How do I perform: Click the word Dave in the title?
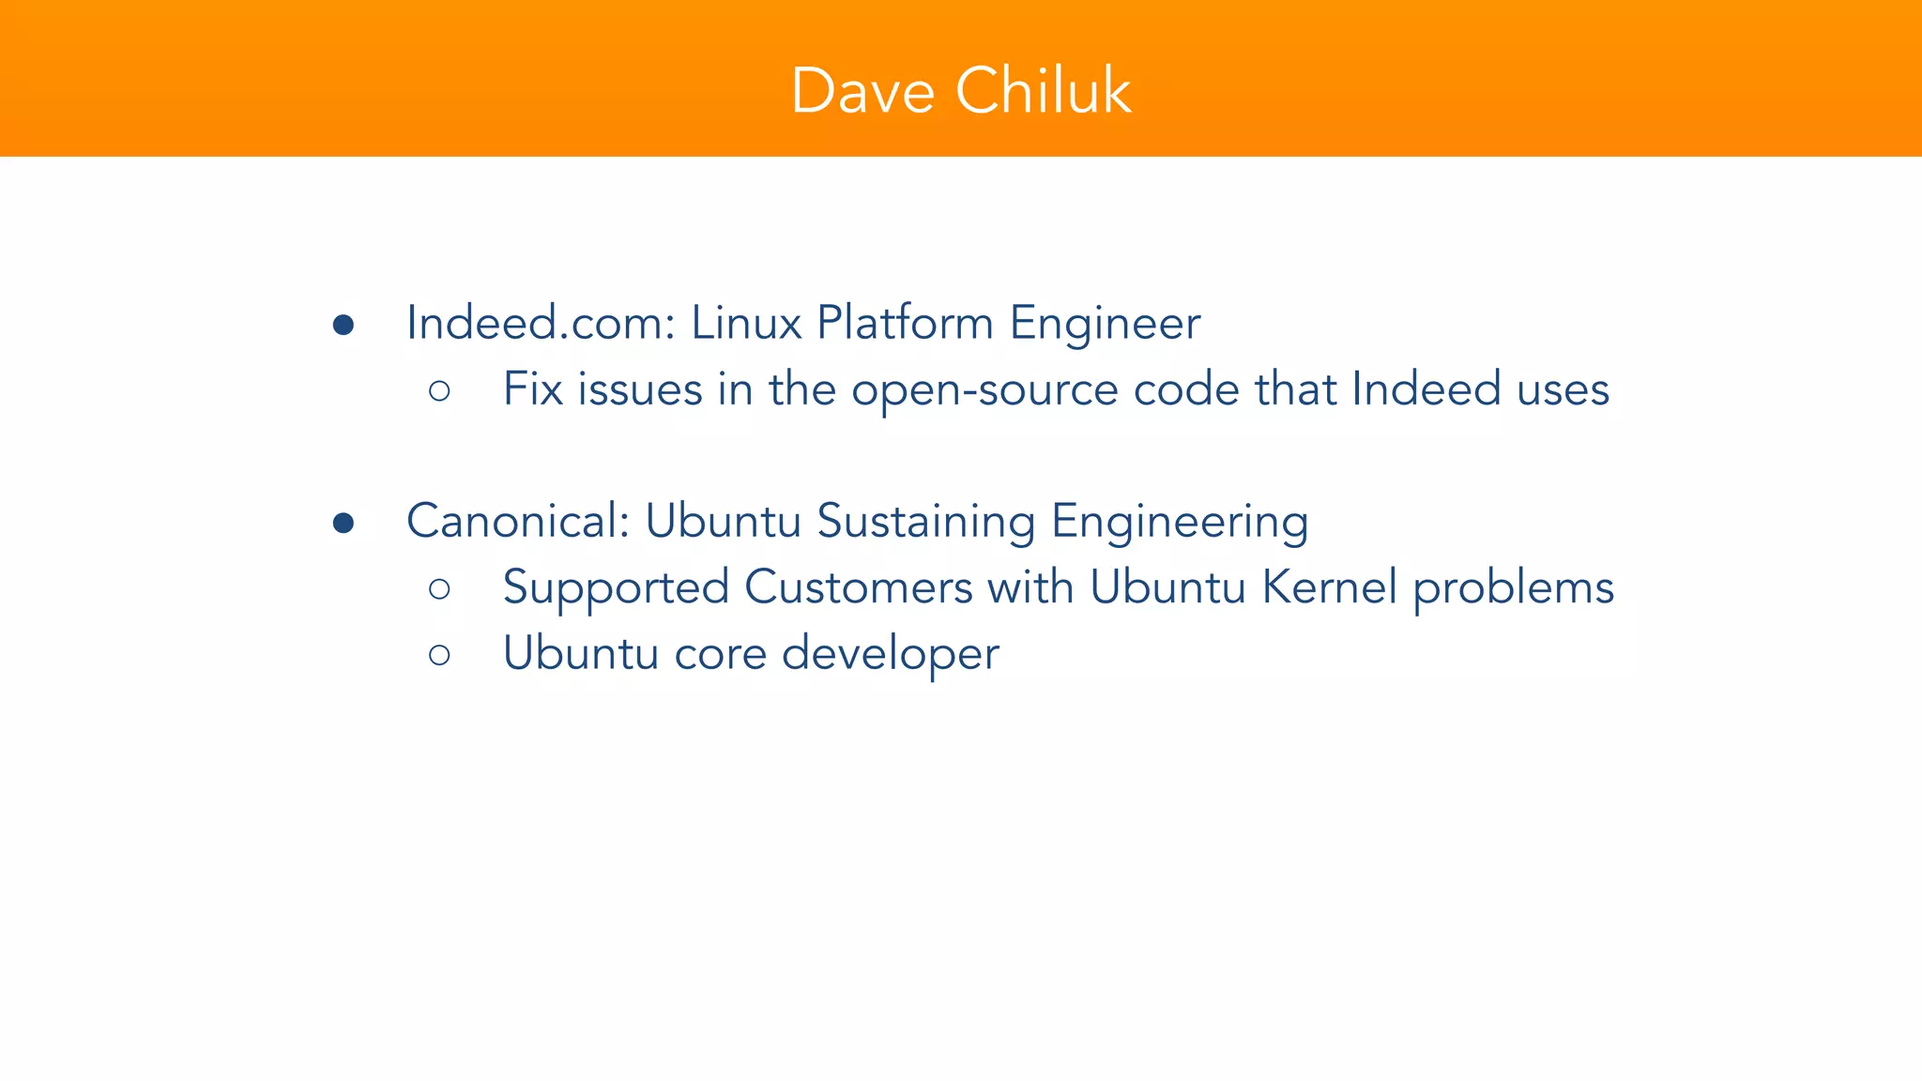[x=862, y=91]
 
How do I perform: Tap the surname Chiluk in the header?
[x=1044, y=91]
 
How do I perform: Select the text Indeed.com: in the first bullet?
[x=541, y=323]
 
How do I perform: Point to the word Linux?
[x=746, y=323]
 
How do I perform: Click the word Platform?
[x=905, y=323]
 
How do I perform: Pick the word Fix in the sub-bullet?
[x=532, y=388]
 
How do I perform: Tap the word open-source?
[x=984, y=390]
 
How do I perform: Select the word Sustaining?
[x=925, y=522]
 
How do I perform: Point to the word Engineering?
[x=1180, y=523]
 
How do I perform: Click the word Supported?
[x=616, y=588]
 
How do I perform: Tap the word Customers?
[x=858, y=587]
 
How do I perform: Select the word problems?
[x=1513, y=588]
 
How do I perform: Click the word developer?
[x=890, y=653]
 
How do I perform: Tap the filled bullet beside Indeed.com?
[x=343, y=325]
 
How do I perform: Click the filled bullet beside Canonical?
[x=343, y=523]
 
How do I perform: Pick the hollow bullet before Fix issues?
[x=439, y=390]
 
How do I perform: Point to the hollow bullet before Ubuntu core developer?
[x=439, y=654]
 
